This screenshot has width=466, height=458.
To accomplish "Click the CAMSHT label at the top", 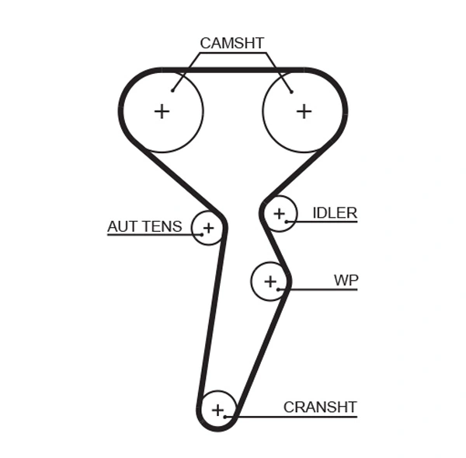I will [231, 43].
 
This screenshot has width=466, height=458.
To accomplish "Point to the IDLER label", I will [334, 213].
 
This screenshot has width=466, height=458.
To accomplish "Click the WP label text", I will [346, 280].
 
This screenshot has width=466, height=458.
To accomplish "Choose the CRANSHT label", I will [319, 407].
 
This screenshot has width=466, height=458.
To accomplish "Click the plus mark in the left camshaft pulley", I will [162, 111].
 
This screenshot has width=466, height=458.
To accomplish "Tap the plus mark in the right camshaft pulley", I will [304, 111].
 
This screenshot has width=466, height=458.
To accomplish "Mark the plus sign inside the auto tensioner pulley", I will [207, 228].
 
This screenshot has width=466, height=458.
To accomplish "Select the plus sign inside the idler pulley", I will [279, 212].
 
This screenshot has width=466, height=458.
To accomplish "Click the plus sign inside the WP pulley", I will [270, 281].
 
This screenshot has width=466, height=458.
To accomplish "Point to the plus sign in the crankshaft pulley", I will [217, 409].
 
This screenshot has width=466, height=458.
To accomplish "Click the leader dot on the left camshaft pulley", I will [173, 91].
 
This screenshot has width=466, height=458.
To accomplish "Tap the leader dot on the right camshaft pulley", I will [291, 91].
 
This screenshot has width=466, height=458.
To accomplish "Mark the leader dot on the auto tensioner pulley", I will [200, 233].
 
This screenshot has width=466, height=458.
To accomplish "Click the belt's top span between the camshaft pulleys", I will [233, 70].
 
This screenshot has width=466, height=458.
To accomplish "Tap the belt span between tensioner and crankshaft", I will [211, 319].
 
